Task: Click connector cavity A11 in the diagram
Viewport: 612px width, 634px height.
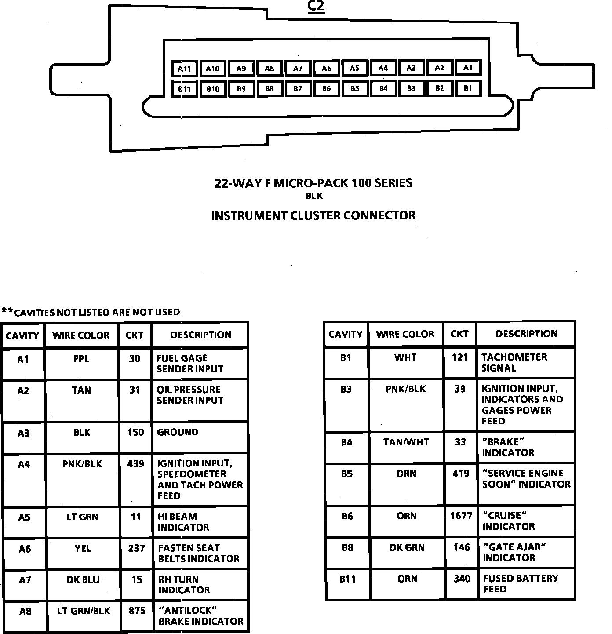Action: (x=185, y=68)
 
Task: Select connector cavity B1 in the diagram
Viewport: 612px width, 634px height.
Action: (x=468, y=88)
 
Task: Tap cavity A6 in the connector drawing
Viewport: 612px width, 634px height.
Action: (x=326, y=68)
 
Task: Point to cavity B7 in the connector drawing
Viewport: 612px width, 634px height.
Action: (x=298, y=88)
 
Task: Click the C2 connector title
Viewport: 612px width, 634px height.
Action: (x=316, y=7)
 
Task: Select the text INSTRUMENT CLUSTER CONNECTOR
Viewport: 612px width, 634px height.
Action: (x=313, y=215)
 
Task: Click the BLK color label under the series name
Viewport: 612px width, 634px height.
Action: (x=314, y=197)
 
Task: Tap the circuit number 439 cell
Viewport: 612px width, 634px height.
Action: (x=135, y=464)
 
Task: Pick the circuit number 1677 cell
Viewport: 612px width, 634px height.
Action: (x=461, y=516)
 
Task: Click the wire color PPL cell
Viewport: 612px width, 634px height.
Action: (x=81, y=359)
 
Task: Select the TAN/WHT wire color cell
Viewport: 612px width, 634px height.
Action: (x=406, y=442)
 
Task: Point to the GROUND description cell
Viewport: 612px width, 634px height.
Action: (x=178, y=432)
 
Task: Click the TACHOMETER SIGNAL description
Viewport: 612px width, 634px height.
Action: (x=514, y=362)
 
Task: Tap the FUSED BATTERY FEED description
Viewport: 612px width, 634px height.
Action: (x=520, y=583)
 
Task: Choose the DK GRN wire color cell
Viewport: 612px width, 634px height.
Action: (x=407, y=547)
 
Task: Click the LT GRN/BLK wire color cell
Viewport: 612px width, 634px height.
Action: (x=84, y=611)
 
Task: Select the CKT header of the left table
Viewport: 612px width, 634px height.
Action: (x=134, y=335)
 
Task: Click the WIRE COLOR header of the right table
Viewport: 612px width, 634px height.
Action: (x=405, y=334)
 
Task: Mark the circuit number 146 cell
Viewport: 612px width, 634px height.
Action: (x=461, y=547)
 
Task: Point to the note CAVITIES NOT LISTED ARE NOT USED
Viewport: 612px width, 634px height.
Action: (x=91, y=312)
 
